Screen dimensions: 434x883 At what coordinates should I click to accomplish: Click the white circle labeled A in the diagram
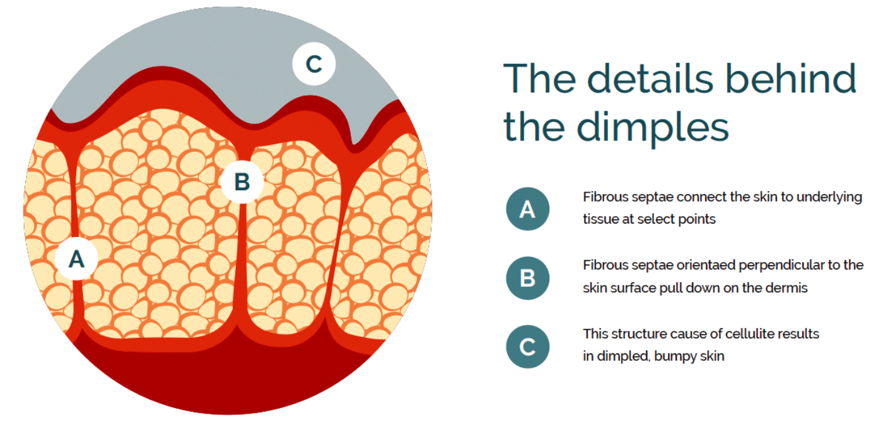[76, 258]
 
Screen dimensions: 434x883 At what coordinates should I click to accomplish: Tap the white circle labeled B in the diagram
[242, 182]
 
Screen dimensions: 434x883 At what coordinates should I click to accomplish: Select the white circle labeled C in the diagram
[314, 64]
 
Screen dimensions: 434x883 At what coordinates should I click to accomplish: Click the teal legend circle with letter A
[527, 208]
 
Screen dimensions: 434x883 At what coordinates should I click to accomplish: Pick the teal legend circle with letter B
[527, 277]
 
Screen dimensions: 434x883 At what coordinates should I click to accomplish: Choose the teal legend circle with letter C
[527, 346]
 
